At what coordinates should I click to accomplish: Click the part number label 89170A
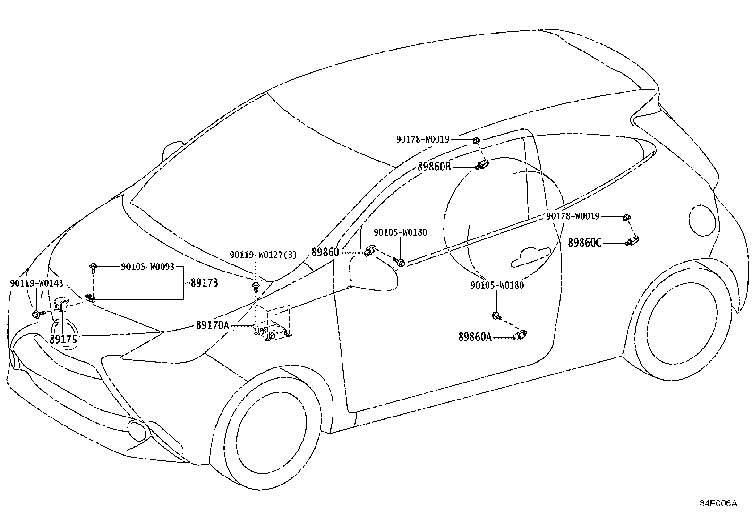(213, 325)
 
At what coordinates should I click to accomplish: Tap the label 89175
(63, 340)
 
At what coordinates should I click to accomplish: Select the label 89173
(204, 283)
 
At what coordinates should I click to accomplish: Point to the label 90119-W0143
(36, 283)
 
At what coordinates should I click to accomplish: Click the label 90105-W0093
(148, 266)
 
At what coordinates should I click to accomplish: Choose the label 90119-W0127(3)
(263, 255)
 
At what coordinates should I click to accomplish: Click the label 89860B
(434, 167)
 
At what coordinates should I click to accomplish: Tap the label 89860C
(584, 242)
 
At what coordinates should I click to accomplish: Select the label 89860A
(475, 337)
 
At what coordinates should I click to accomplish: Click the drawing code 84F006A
(718, 503)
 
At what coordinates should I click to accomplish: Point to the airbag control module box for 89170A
(272, 331)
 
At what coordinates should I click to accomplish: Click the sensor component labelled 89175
(61, 304)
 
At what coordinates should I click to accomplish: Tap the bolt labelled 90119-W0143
(38, 314)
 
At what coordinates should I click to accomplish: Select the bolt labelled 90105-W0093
(93, 267)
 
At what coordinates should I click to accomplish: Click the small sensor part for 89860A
(520, 335)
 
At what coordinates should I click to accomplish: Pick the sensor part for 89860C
(632, 241)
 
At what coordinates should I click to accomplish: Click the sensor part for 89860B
(482, 164)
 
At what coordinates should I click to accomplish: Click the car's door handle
(530, 257)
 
